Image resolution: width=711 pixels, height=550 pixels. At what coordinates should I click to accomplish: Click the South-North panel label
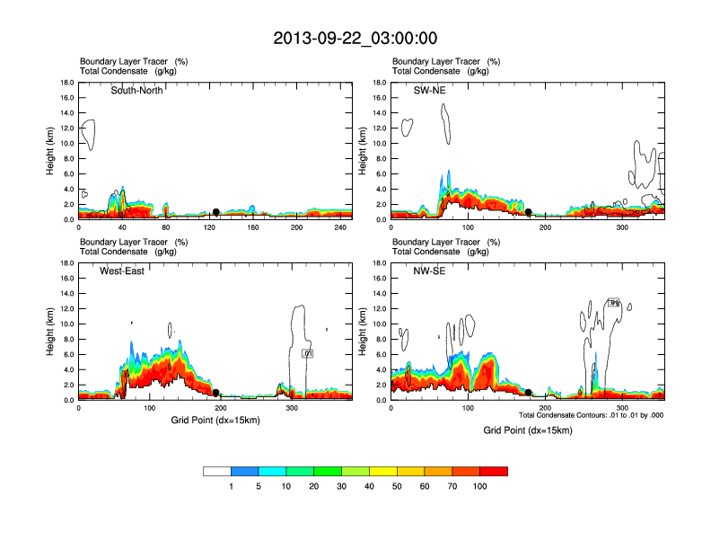coord(136,90)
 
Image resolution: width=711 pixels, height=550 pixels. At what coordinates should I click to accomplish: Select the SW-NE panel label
coord(429,90)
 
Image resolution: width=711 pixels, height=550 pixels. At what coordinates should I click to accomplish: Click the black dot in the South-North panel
coord(216,212)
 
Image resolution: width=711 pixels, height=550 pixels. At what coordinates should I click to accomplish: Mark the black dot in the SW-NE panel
coord(529,212)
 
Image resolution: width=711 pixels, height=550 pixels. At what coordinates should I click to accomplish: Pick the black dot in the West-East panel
coord(216,393)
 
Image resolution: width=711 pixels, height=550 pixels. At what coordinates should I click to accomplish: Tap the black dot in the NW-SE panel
coord(529,393)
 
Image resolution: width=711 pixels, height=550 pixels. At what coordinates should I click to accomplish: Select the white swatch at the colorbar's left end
coord(217,471)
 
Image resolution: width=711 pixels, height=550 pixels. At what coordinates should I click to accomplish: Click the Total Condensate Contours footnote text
coord(591,415)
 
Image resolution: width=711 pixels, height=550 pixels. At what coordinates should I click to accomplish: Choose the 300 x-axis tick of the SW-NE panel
coord(621,229)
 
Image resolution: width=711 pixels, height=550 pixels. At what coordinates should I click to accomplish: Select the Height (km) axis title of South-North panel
coord(51,152)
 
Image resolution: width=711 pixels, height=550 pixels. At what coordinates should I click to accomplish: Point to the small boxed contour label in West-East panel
coord(307,354)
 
